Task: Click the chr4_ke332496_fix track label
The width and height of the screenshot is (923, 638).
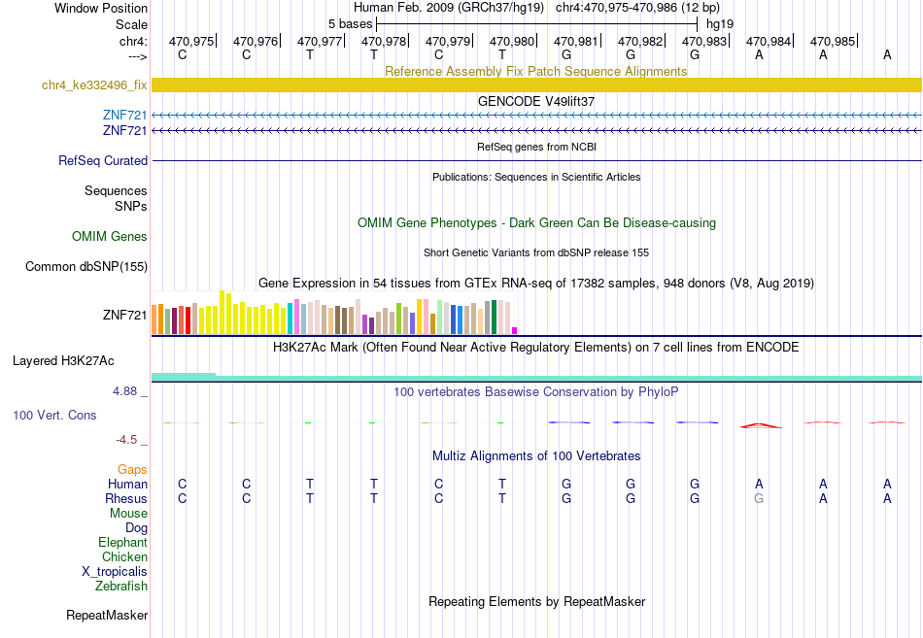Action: (x=94, y=85)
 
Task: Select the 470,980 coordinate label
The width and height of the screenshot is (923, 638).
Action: (x=511, y=41)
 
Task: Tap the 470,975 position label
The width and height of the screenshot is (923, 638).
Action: (x=191, y=41)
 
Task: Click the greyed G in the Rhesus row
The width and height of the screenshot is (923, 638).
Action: (x=759, y=498)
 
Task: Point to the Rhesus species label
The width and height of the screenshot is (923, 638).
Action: (x=126, y=498)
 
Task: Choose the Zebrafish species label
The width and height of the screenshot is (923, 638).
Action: (x=121, y=587)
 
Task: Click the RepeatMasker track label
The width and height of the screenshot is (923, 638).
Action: (x=107, y=615)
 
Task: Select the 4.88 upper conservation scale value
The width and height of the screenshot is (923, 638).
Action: (x=124, y=391)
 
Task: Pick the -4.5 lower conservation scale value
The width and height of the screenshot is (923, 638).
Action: (x=126, y=440)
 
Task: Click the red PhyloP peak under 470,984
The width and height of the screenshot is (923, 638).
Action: (x=761, y=425)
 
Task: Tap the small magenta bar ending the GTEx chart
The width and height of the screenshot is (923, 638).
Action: (x=515, y=331)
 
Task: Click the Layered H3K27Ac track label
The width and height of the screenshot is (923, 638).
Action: (x=63, y=361)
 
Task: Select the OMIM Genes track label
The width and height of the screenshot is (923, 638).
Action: (x=110, y=237)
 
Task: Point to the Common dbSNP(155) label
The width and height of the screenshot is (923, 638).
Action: (x=86, y=267)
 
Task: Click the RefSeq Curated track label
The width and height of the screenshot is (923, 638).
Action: (x=103, y=160)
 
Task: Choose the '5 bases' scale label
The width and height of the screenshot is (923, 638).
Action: (x=350, y=24)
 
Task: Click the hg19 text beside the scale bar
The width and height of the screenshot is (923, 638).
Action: (x=720, y=24)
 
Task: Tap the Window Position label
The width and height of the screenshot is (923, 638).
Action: (x=101, y=8)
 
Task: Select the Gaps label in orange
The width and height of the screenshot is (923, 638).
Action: (x=132, y=470)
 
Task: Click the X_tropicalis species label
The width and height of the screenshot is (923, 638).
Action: (x=115, y=572)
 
